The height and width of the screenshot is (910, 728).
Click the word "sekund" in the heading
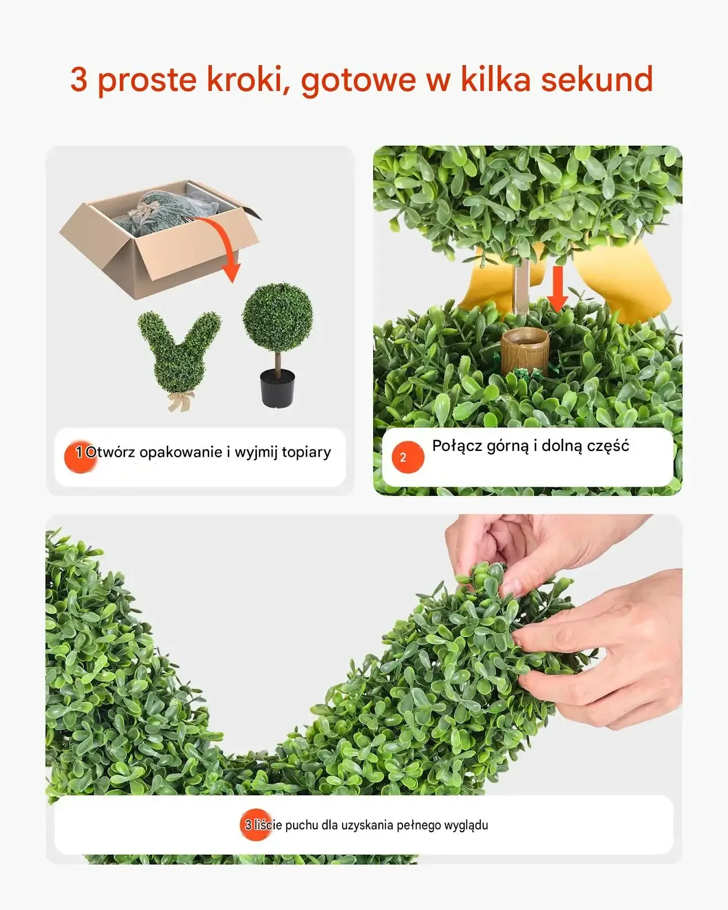point(597,79)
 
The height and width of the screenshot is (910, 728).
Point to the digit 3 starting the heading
point(79,79)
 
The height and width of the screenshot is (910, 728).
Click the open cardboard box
point(160,239)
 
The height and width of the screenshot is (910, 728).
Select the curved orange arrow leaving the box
point(224,241)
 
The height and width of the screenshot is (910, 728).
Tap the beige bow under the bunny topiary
point(181,400)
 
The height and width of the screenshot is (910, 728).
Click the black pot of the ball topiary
point(278,388)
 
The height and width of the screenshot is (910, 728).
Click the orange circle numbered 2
point(408,457)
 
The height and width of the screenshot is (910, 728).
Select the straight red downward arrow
point(558,289)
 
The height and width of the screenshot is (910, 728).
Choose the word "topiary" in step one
point(306,453)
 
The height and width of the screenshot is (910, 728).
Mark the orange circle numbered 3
point(256,825)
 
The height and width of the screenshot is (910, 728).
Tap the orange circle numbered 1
point(80,457)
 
